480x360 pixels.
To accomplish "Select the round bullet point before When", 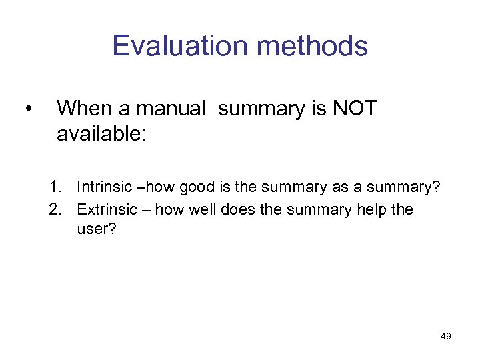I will (27, 109).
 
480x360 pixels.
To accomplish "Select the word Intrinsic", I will (103, 188).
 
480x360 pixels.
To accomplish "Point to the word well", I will (203, 209).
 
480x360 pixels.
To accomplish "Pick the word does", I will (239, 209).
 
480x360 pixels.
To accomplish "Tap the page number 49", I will (446, 336).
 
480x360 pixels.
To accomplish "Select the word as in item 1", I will (340, 188).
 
